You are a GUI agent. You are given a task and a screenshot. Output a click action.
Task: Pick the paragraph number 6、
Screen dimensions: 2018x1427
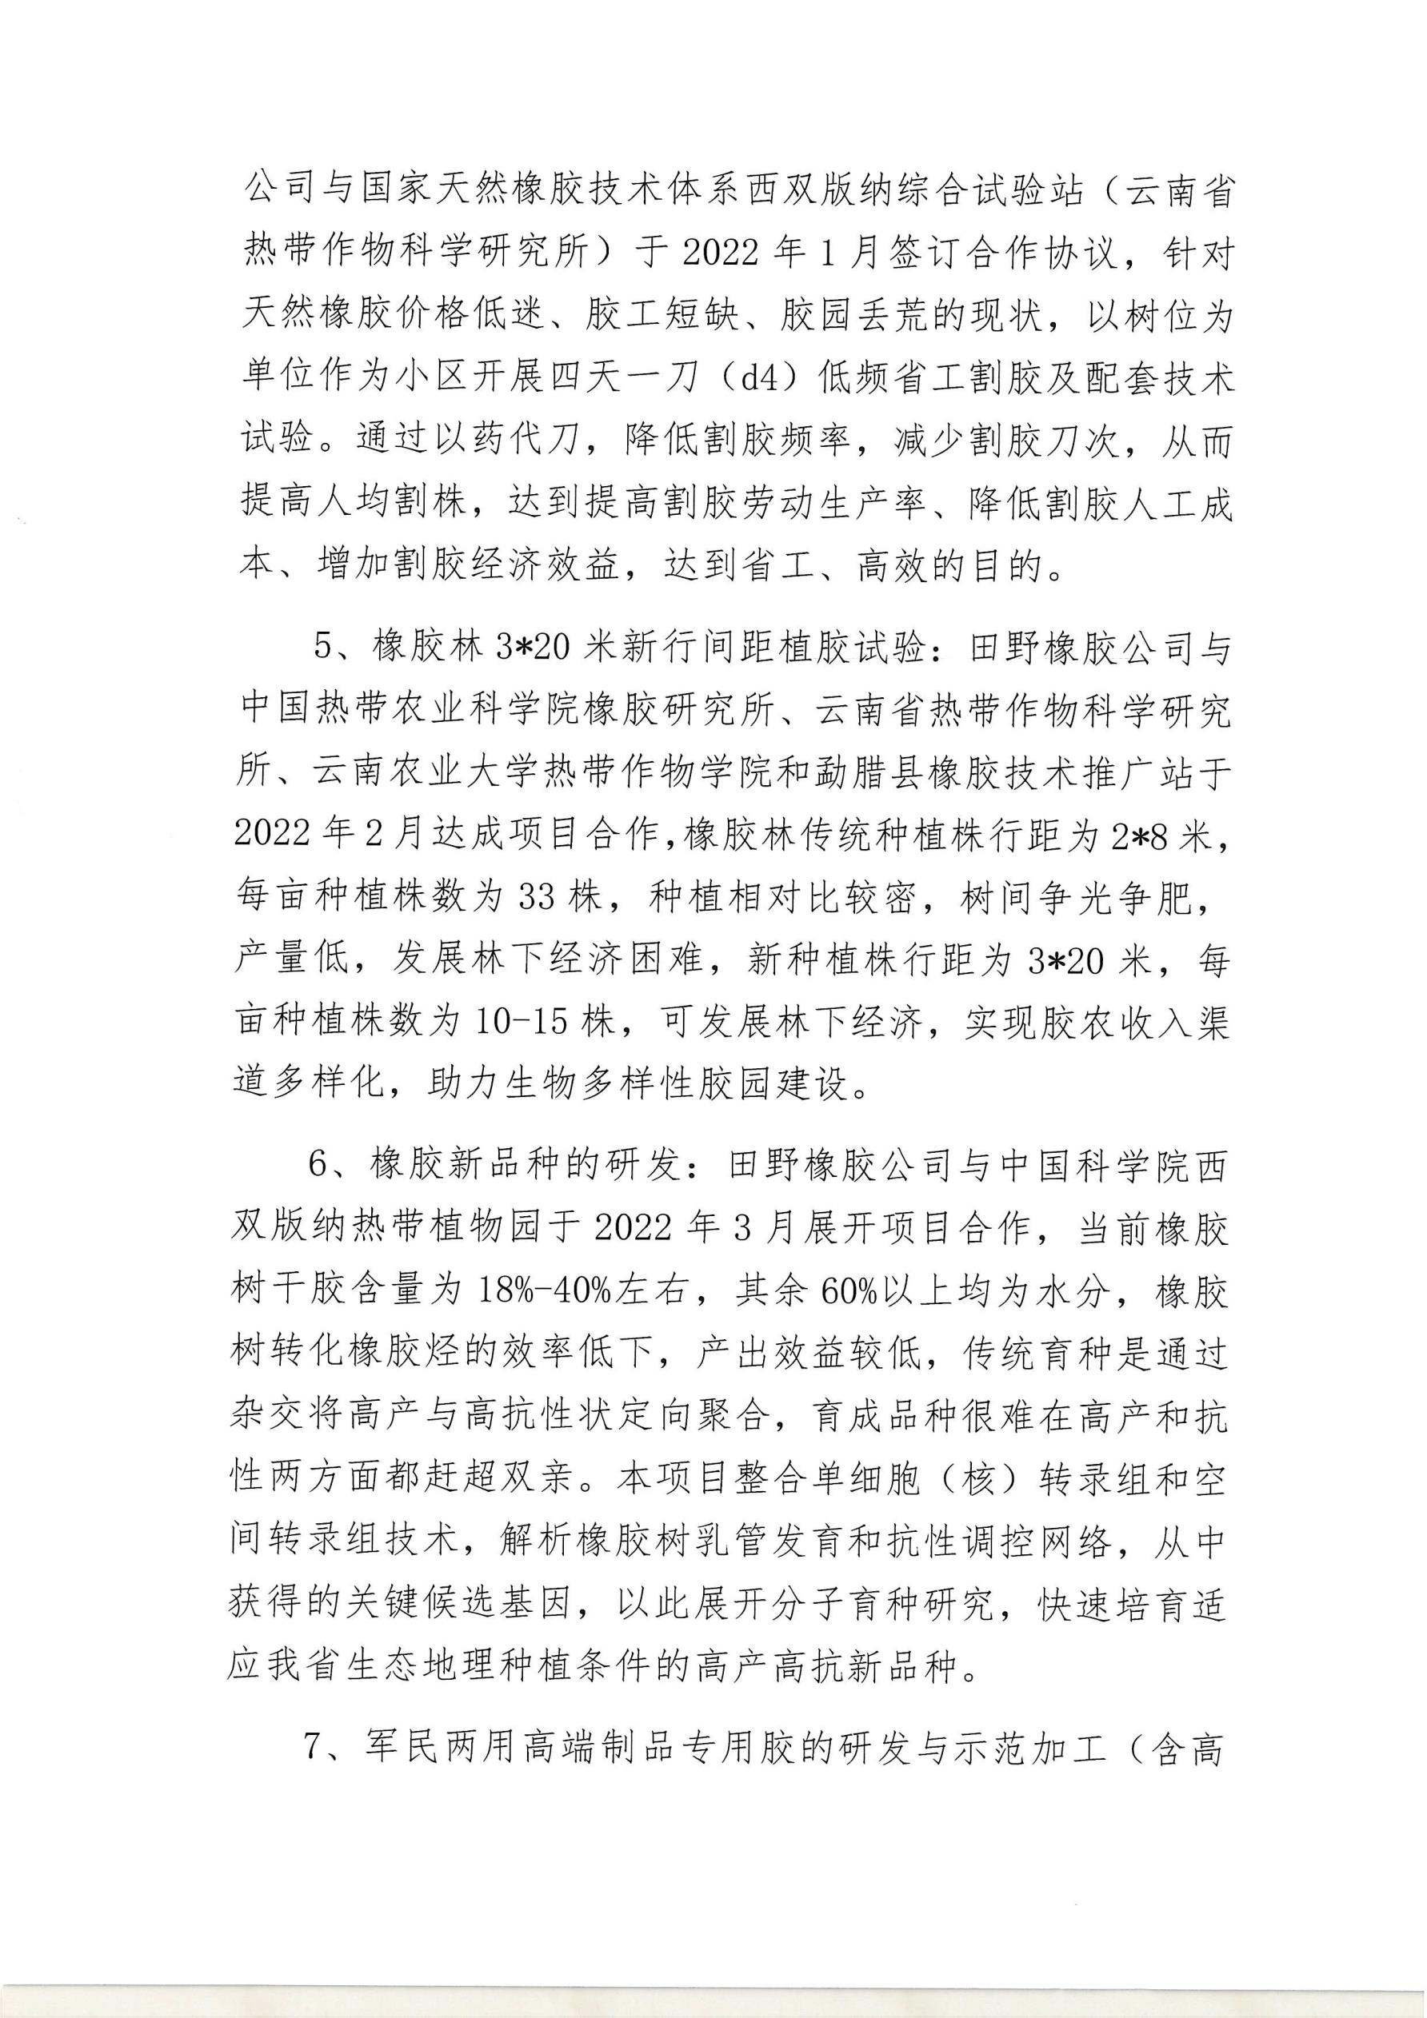pyautogui.click(x=330, y=1166)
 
